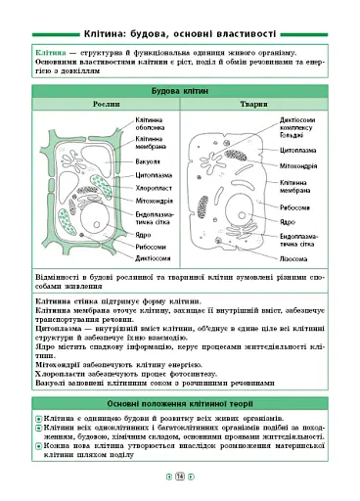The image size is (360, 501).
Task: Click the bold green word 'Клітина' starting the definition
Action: click(x=51, y=50)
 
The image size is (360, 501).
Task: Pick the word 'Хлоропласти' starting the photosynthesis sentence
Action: click(x=60, y=371)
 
